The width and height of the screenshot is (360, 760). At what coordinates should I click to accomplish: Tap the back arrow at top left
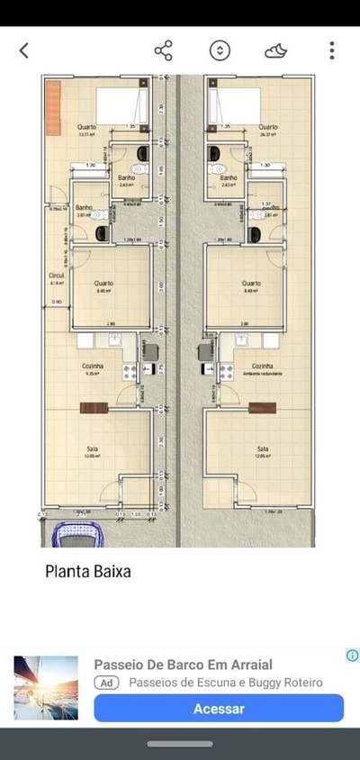pyautogui.click(x=24, y=50)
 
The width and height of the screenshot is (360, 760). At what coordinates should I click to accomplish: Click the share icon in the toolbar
pyautogui.click(x=163, y=50)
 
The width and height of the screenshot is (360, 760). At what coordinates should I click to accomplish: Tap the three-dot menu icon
pyautogui.click(x=332, y=50)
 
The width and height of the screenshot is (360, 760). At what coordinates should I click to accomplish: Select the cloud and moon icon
pyautogui.click(x=276, y=50)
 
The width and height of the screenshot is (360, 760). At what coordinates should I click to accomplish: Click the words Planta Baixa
pyautogui.click(x=88, y=570)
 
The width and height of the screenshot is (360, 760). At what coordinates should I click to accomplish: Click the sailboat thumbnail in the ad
pyautogui.click(x=46, y=687)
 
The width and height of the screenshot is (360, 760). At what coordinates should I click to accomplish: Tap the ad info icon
pyautogui.click(x=352, y=656)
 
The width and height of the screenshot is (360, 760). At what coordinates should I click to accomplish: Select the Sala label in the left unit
pyautogui.click(x=90, y=448)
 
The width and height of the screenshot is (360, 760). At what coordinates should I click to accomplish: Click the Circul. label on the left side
pyautogui.click(x=56, y=276)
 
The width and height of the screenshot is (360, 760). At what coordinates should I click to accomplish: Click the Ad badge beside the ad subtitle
pyautogui.click(x=107, y=683)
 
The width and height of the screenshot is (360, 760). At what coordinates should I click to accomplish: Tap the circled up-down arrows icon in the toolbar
pyautogui.click(x=220, y=50)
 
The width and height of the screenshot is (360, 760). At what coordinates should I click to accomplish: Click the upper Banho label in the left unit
pyautogui.click(x=126, y=178)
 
